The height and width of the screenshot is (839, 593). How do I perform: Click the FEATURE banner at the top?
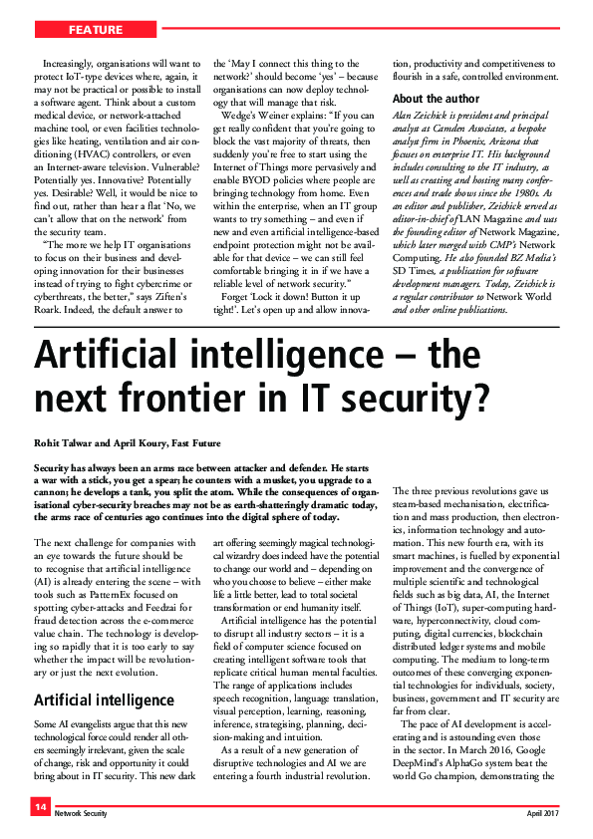pos(97,30)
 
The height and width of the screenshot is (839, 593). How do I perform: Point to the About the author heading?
pos(436,99)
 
